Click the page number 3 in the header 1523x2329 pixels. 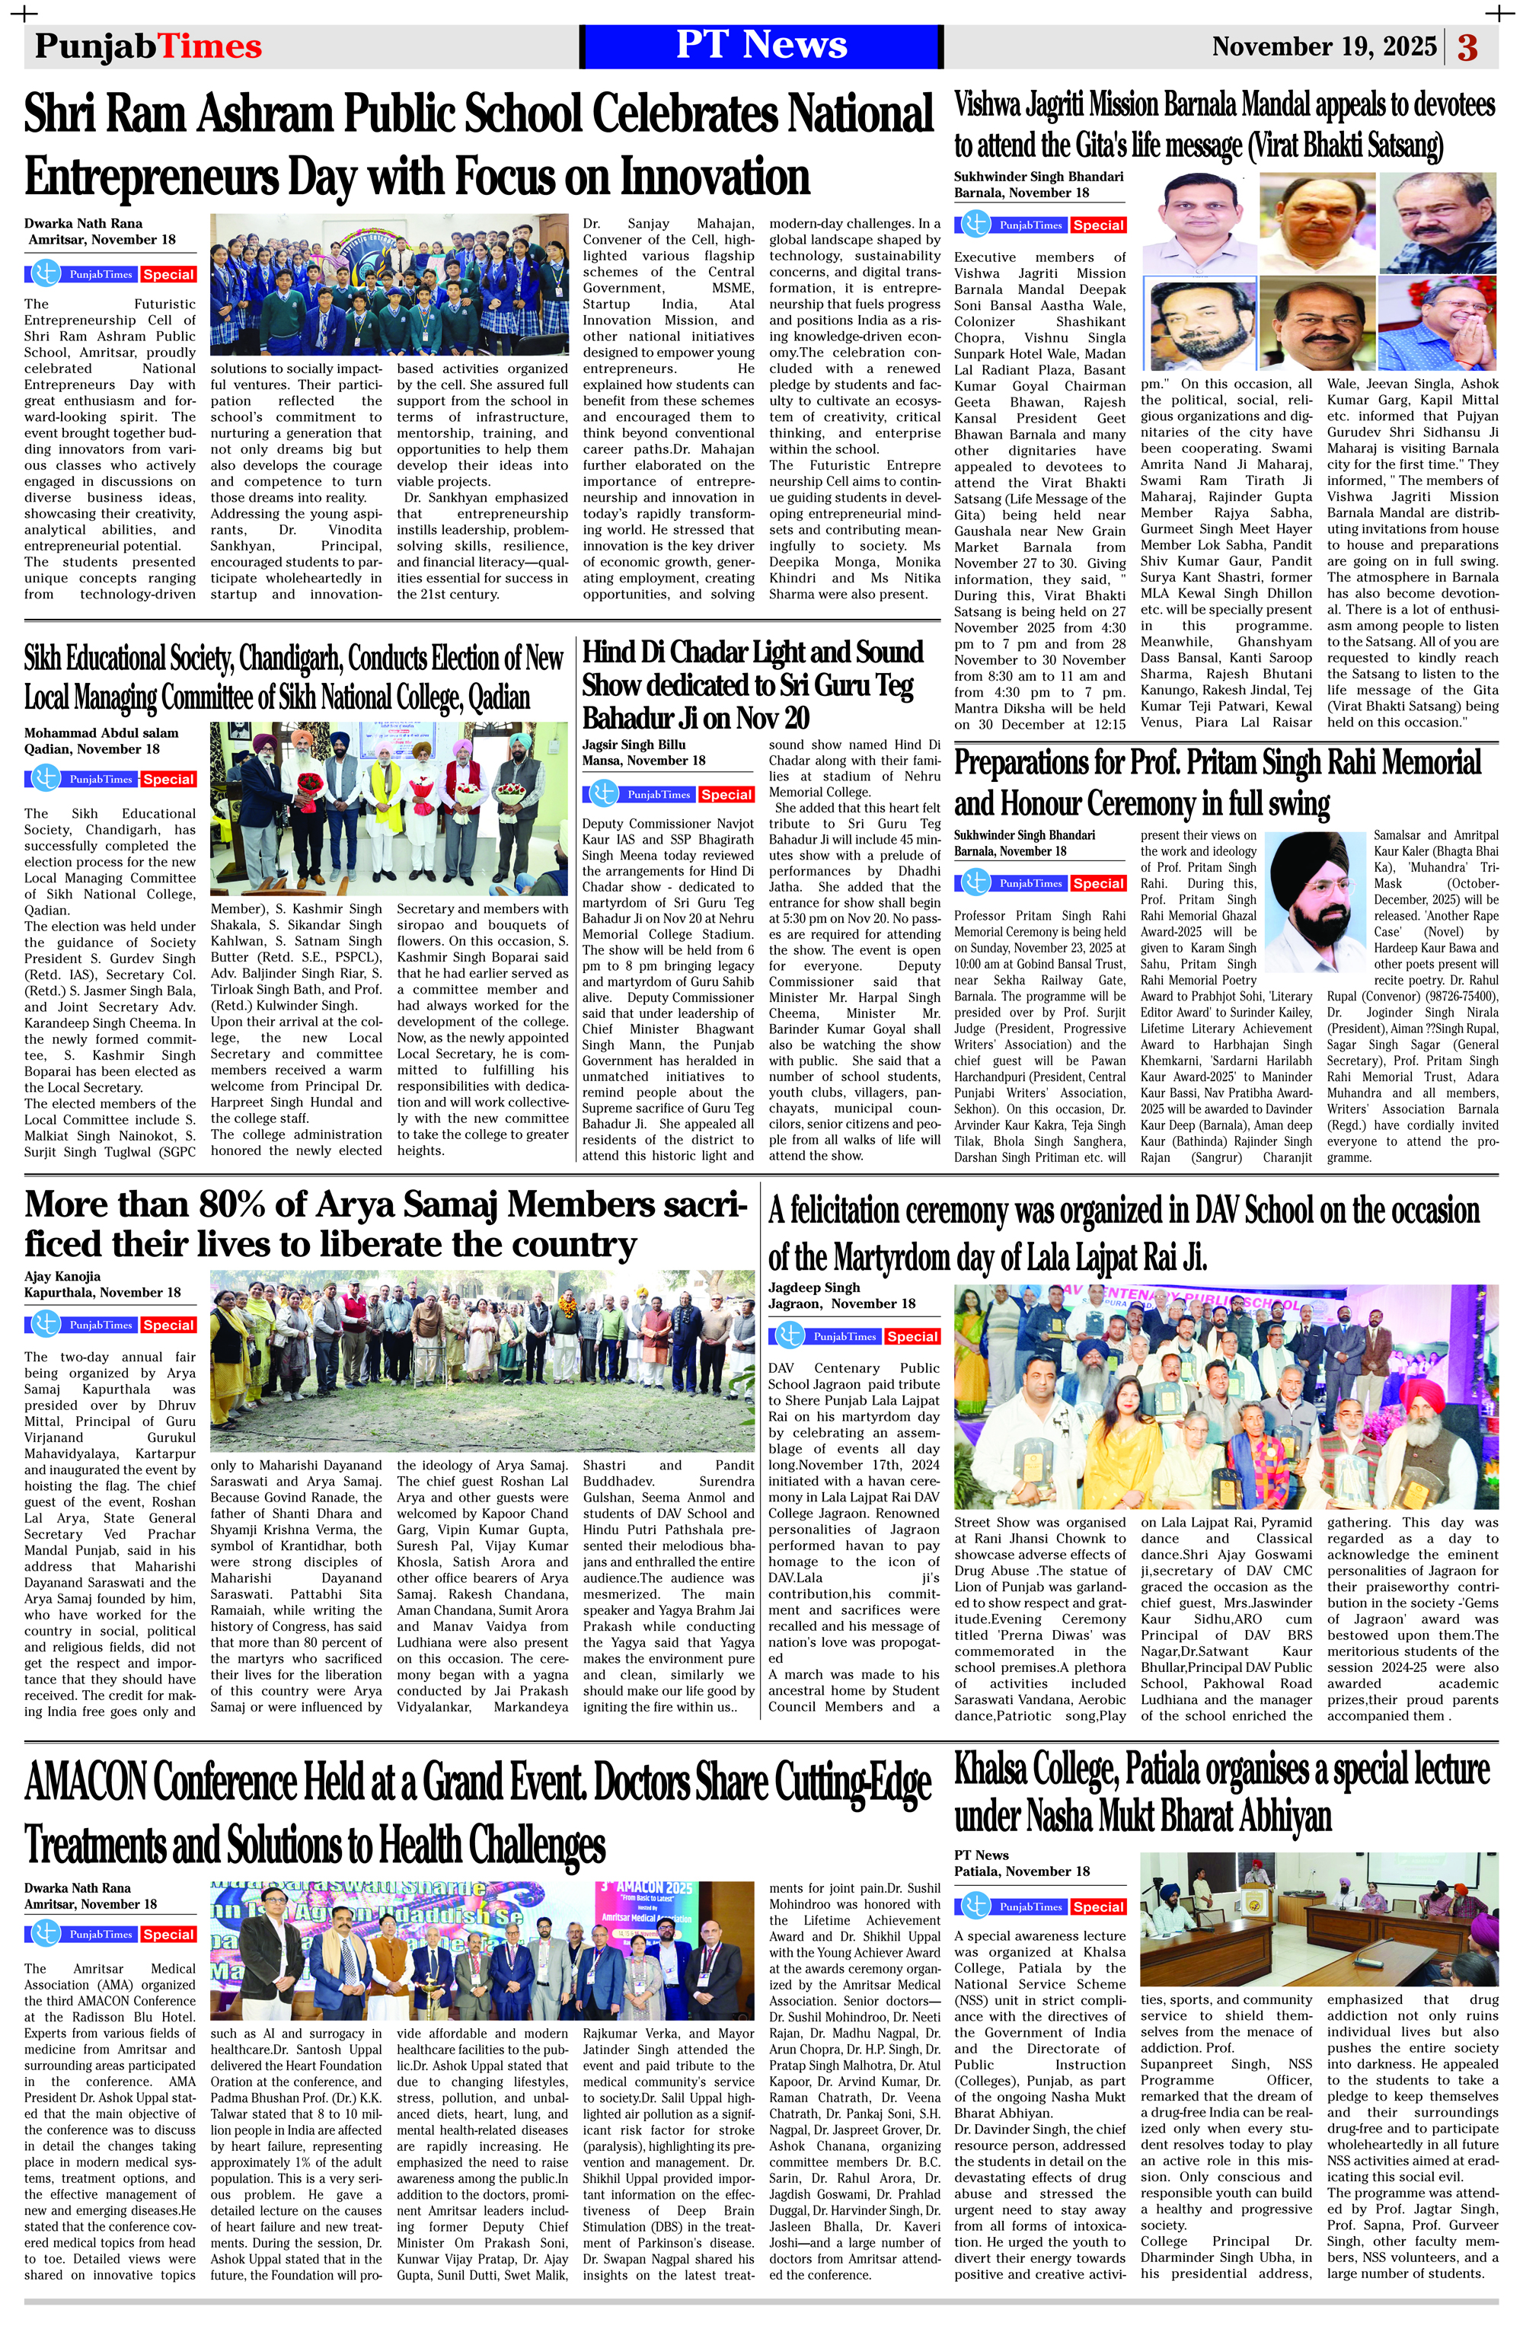(x=1467, y=47)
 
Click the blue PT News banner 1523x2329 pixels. (x=761, y=46)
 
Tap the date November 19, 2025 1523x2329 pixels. (x=1323, y=47)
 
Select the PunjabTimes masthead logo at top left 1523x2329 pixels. (x=148, y=46)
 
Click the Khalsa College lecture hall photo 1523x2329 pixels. (x=1318, y=1918)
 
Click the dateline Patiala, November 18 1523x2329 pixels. (x=1022, y=1871)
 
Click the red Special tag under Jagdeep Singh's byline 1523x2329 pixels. (x=912, y=1335)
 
